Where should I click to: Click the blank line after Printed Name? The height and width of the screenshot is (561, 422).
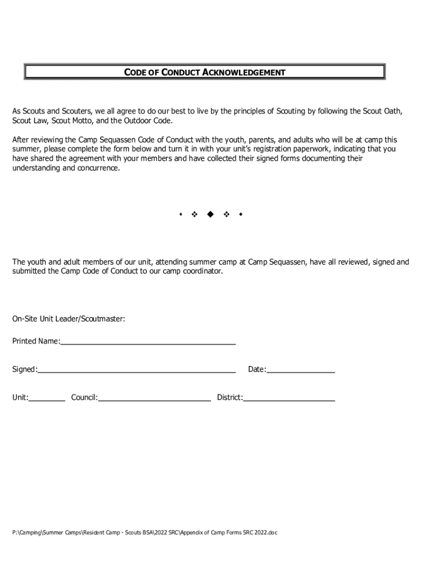(148, 343)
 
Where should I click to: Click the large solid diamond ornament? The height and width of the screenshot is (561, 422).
(209, 214)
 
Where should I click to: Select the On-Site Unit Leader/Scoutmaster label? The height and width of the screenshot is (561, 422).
(69, 319)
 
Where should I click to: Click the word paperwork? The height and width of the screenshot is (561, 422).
(338, 149)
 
